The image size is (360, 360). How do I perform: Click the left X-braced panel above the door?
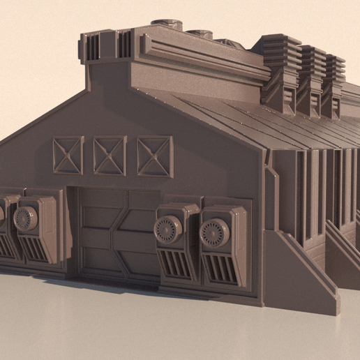pyautogui.click(x=68, y=155)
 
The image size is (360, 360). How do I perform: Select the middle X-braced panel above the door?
pyautogui.click(x=110, y=155)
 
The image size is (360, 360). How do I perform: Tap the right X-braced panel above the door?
pyautogui.click(x=155, y=156)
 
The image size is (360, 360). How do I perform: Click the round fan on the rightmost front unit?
pyautogui.click(x=214, y=233)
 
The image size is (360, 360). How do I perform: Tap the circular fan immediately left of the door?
pyautogui.click(x=27, y=218)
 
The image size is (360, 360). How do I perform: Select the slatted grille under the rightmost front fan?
pyautogui.click(x=221, y=268)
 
